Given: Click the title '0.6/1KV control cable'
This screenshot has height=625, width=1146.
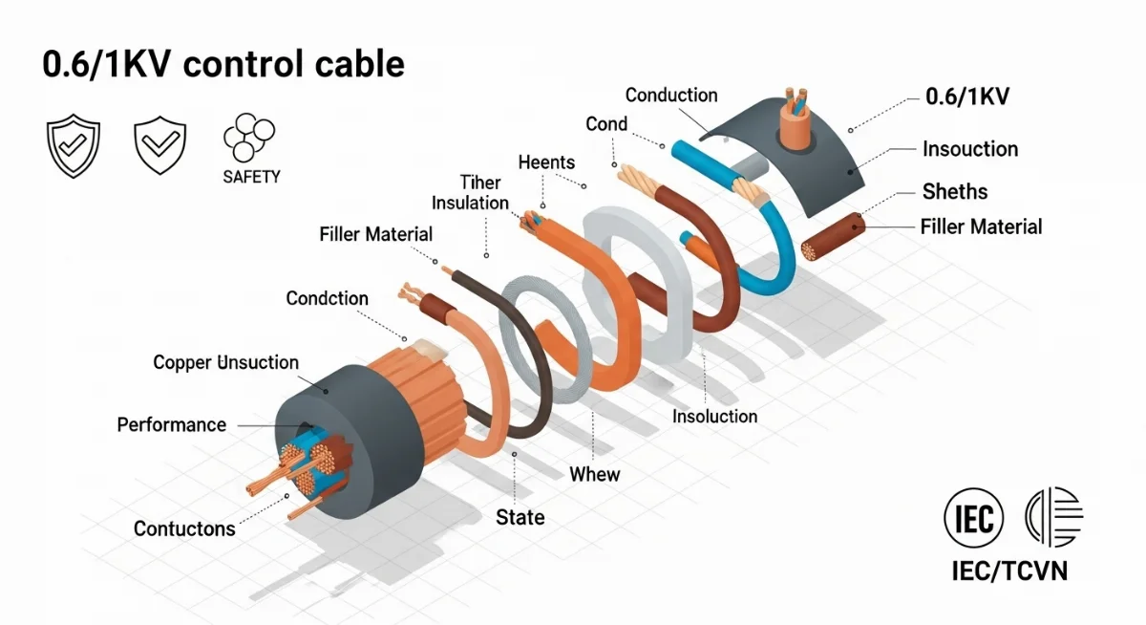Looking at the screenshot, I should click(x=223, y=65).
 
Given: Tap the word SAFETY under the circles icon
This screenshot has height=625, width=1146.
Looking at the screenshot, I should click(x=251, y=177).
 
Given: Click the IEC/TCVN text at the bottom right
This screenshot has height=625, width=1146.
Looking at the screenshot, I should click(x=1009, y=571).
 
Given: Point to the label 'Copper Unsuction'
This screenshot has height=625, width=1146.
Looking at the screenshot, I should click(x=225, y=362).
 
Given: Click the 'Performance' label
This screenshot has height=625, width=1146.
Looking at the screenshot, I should click(x=172, y=424).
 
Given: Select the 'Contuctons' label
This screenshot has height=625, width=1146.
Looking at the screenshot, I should click(x=184, y=528).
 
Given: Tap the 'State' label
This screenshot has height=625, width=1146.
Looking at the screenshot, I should click(x=520, y=517).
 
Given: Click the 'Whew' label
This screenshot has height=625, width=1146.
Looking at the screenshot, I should click(x=594, y=474).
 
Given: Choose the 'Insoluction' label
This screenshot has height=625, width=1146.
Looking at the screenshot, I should click(x=714, y=417).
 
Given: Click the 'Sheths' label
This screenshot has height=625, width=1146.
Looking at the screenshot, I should click(x=955, y=191).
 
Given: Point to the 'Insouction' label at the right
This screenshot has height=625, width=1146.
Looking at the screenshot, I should click(x=970, y=149).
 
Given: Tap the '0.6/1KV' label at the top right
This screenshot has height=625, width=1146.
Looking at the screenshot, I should click(x=967, y=97).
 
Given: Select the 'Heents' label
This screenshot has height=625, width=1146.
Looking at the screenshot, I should click(x=546, y=162).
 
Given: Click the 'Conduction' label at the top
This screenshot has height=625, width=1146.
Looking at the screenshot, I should click(x=671, y=95).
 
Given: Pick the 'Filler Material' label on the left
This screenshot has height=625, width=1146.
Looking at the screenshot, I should click(x=375, y=234).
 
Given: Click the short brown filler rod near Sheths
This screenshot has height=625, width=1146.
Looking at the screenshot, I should click(x=833, y=238).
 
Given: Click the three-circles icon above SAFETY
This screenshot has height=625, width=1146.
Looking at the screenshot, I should click(x=248, y=138).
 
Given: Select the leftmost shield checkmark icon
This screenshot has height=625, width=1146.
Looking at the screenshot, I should click(x=74, y=146).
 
